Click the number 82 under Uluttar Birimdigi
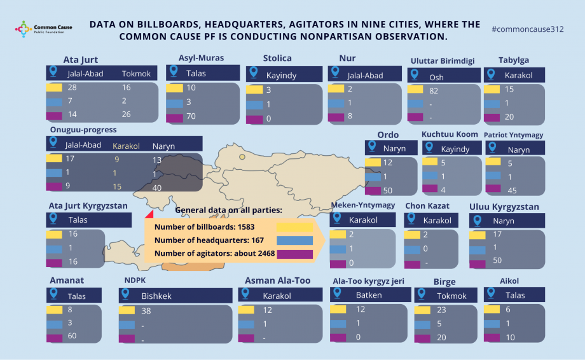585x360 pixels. point(434,91)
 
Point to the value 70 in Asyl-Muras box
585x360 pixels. point(191,118)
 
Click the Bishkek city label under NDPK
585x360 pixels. point(156,296)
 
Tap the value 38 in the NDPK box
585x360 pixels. point(146,311)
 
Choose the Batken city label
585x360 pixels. point(369,295)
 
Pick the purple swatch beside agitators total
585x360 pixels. point(294,254)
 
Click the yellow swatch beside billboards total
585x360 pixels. point(294,226)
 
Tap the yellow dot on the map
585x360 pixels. point(242,156)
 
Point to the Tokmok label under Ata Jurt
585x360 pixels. point(136,74)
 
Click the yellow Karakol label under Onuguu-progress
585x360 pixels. point(126,145)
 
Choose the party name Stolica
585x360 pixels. point(277,59)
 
